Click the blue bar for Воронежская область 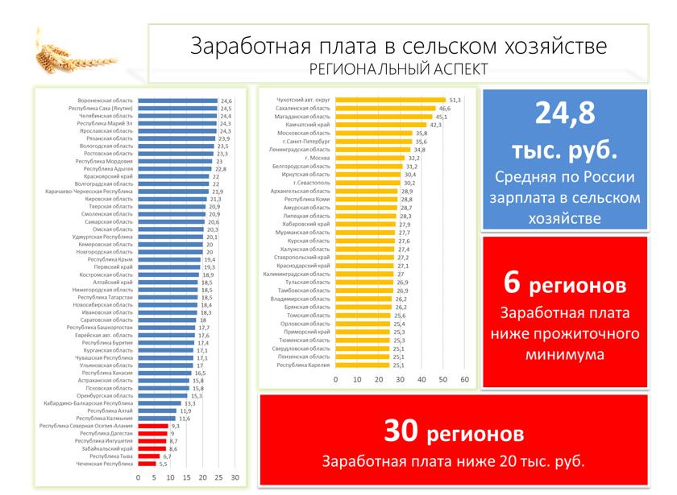tap(177, 101)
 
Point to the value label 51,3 tap(455, 100)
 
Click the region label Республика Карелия tap(304, 365)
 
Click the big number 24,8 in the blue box tap(565, 114)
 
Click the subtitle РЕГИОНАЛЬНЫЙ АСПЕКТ tap(398, 68)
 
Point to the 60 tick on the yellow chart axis tap(464, 378)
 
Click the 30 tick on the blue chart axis tap(235, 478)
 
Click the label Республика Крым tap(110, 260)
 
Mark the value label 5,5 tap(163, 464)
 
